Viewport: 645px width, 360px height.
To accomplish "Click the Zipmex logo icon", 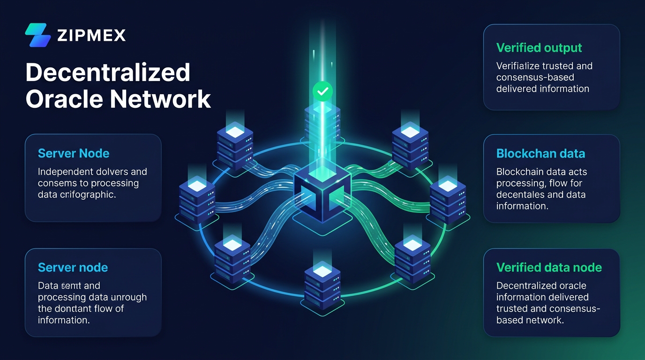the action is [37, 35].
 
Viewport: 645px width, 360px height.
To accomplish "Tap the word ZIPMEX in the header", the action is [91, 35].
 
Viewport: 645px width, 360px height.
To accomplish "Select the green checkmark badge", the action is [322, 91].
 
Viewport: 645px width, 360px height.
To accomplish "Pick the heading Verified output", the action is [539, 48].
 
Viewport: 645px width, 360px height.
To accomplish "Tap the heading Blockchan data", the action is [540, 154].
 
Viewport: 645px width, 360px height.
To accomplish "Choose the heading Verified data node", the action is [549, 268].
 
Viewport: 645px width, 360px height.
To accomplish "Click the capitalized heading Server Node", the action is [74, 154].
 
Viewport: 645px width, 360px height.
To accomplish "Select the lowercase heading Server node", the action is [73, 268].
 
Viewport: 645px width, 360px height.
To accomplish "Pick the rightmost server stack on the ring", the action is [447, 201].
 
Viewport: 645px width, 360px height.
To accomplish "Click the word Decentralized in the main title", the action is [108, 73].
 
